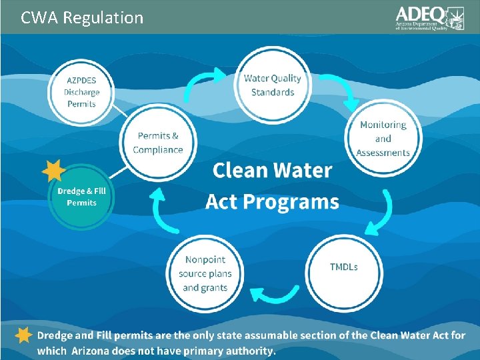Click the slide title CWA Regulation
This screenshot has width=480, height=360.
[82, 17]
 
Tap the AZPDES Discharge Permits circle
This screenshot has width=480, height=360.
[81, 92]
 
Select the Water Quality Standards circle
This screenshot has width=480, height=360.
[272, 85]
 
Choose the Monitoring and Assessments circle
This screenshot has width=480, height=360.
[383, 139]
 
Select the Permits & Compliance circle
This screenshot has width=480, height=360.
[157, 143]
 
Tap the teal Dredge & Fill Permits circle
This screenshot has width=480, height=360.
[81, 197]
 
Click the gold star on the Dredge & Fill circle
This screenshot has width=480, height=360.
[53, 172]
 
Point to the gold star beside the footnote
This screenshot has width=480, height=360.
[23, 335]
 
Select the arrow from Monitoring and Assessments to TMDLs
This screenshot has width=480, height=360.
[384, 209]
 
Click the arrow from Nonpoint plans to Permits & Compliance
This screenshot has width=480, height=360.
[156, 206]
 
